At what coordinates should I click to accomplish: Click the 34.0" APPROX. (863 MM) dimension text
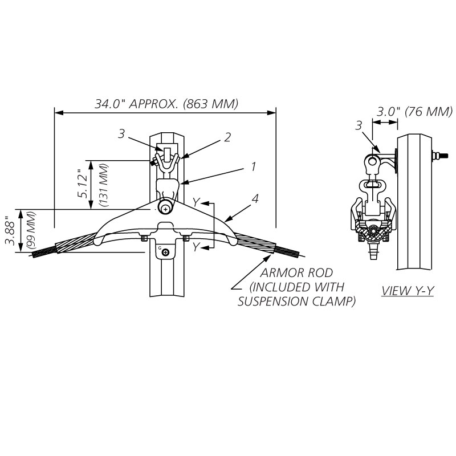tap(166, 104)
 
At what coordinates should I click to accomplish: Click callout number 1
tap(253, 166)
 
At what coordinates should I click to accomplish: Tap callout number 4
tap(256, 199)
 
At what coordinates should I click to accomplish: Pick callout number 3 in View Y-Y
tap(358, 125)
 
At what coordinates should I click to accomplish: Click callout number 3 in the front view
tap(121, 133)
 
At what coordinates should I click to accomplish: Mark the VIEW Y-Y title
tap(408, 291)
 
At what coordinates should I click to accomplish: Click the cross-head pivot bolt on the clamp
tap(165, 209)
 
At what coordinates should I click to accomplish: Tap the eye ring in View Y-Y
tap(372, 162)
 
